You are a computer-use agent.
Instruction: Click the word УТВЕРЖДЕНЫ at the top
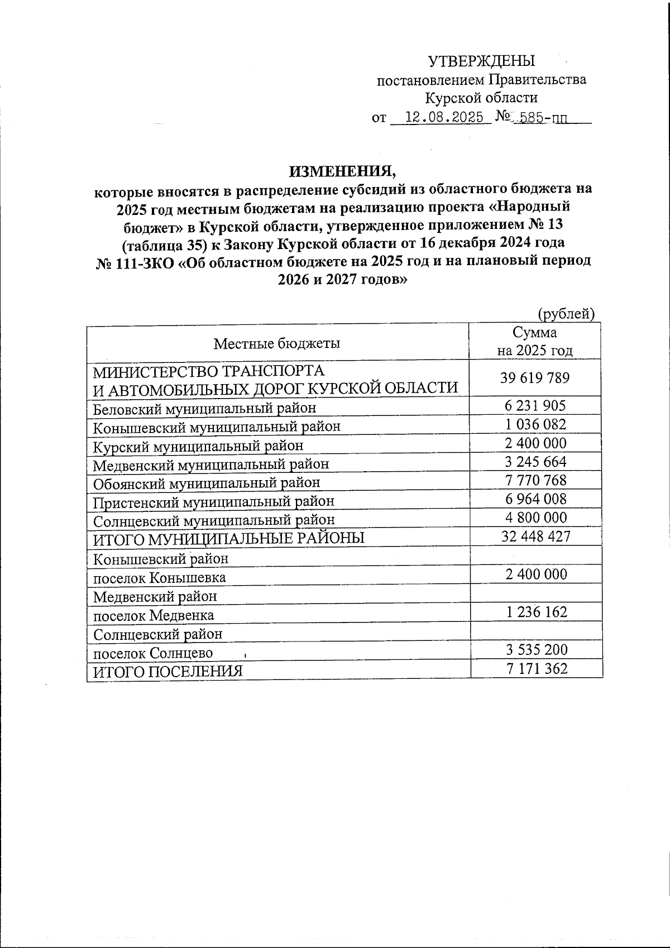[x=481, y=61]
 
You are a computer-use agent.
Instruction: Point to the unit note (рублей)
[x=565, y=314]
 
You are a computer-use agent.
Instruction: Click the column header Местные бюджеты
[x=277, y=343]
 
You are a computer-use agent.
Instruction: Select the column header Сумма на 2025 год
[x=535, y=342]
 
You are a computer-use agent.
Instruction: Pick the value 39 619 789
[x=535, y=378]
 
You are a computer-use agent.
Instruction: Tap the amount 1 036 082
[x=535, y=424]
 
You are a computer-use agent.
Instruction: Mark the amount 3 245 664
[x=535, y=462]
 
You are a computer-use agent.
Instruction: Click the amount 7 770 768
[x=535, y=480]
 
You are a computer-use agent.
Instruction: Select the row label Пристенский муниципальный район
[x=213, y=501]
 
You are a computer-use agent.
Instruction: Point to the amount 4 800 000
[x=535, y=518]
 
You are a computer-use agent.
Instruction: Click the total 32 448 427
[x=535, y=537]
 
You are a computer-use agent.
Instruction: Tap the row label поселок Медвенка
[x=153, y=615]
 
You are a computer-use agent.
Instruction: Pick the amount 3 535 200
[x=535, y=649]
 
